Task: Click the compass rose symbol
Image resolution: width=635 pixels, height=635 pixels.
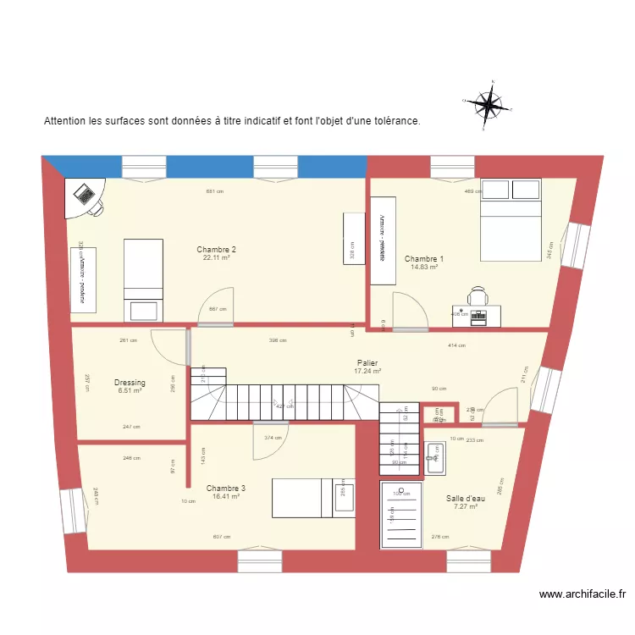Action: [487, 105]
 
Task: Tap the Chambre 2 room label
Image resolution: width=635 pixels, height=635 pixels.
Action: [216, 250]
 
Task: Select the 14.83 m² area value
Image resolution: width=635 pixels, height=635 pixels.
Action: [423, 268]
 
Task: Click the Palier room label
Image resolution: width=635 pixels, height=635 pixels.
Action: [367, 362]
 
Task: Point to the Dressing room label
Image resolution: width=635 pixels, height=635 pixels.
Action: [130, 383]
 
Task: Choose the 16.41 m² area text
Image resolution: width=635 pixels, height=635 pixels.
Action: [226, 498]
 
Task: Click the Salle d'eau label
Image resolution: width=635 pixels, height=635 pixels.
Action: [466, 499]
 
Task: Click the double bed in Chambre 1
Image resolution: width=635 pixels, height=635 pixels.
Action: [511, 219]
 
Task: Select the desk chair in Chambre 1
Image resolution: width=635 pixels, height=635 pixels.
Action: [478, 295]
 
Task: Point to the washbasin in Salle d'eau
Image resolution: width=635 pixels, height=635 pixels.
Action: [434, 458]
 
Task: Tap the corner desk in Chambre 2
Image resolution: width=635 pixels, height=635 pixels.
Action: [86, 198]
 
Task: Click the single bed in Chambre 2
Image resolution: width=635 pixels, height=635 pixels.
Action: [143, 279]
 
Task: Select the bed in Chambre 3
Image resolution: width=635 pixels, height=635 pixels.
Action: [312, 498]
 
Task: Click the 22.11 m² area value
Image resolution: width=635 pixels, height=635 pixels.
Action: [216, 258]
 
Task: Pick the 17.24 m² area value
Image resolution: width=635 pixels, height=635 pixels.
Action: [367, 371]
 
